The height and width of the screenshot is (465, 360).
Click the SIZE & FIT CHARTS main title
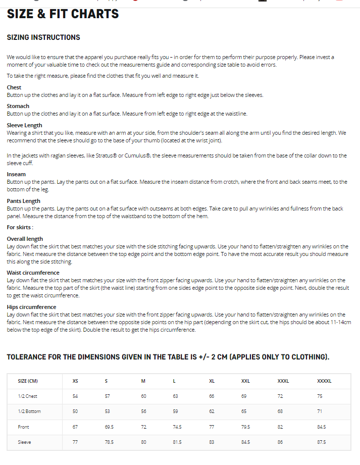(x=63, y=14)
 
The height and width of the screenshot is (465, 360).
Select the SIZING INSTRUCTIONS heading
(x=43, y=37)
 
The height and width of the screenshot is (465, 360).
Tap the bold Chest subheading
(x=14, y=87)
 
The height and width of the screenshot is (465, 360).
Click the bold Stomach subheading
(x=18, y=106)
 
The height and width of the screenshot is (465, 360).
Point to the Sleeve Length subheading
(x=24, y=125)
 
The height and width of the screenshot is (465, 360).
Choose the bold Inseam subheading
(x=16, y=174)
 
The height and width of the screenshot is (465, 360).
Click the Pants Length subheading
(x=23, y=201)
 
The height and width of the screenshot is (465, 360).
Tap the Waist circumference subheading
(x=33, y=273)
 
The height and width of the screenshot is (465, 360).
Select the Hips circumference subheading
(x=31, y=307)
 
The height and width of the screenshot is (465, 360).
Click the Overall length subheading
(x=25, y=239)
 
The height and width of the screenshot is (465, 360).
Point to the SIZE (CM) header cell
(x=28, y=381)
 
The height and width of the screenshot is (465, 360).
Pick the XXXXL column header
(x=324, y=381)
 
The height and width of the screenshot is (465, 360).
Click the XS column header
(x=75, y=381)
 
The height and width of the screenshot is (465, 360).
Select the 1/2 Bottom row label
(x=29, y=411)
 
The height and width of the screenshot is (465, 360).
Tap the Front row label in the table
(x=23, y=427)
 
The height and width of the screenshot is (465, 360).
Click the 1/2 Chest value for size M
(x=143, y=396)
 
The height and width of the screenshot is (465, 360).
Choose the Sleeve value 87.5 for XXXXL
(x=321, y=442)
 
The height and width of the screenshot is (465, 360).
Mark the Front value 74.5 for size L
(x=177, y=427)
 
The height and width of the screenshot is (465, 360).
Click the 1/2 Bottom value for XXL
(x=244, y=411)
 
